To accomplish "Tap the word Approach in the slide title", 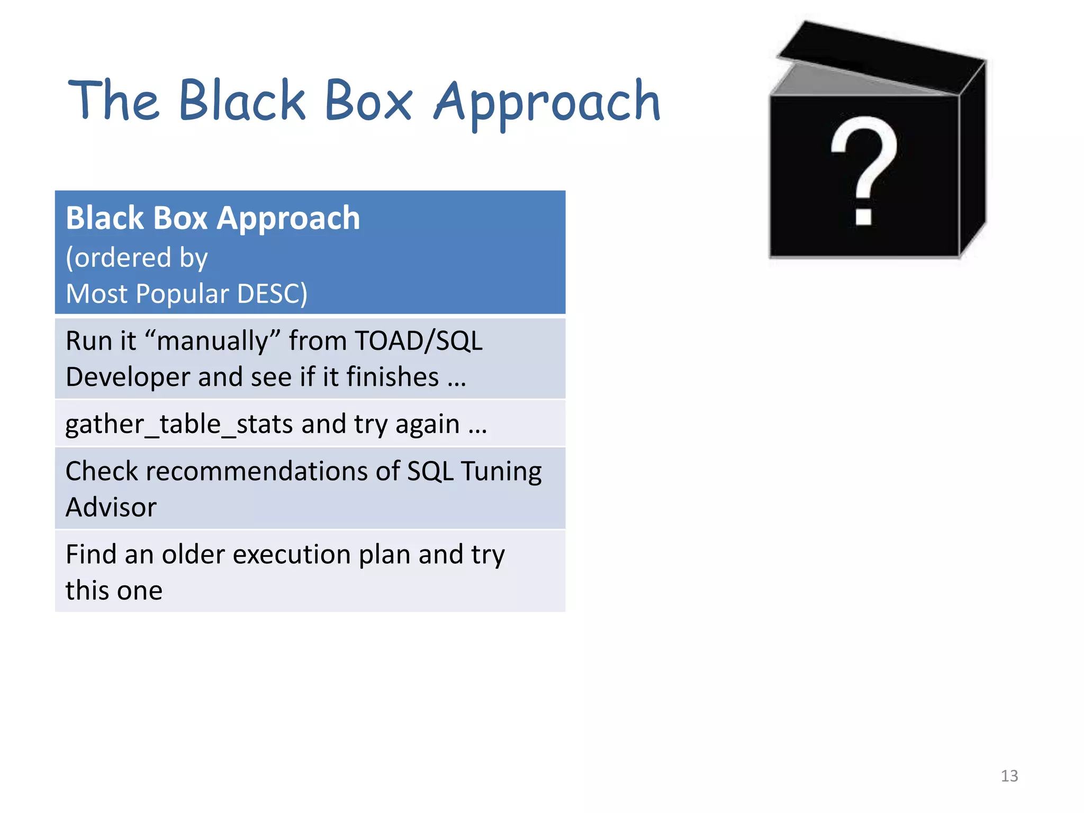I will coord(547,103).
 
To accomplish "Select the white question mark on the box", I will coord(864,169).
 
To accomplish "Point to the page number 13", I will coord(1009,776).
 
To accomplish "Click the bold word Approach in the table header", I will coord(288,218).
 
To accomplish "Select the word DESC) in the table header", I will coord(272,294).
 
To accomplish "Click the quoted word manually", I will coord(213,341).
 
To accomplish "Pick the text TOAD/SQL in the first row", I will coord(419,341).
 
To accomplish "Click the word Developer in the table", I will coord(128,377).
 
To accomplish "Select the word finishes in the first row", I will coord(393,377).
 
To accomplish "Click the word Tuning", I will coord(501,471).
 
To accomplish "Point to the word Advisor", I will coord(111,508).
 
